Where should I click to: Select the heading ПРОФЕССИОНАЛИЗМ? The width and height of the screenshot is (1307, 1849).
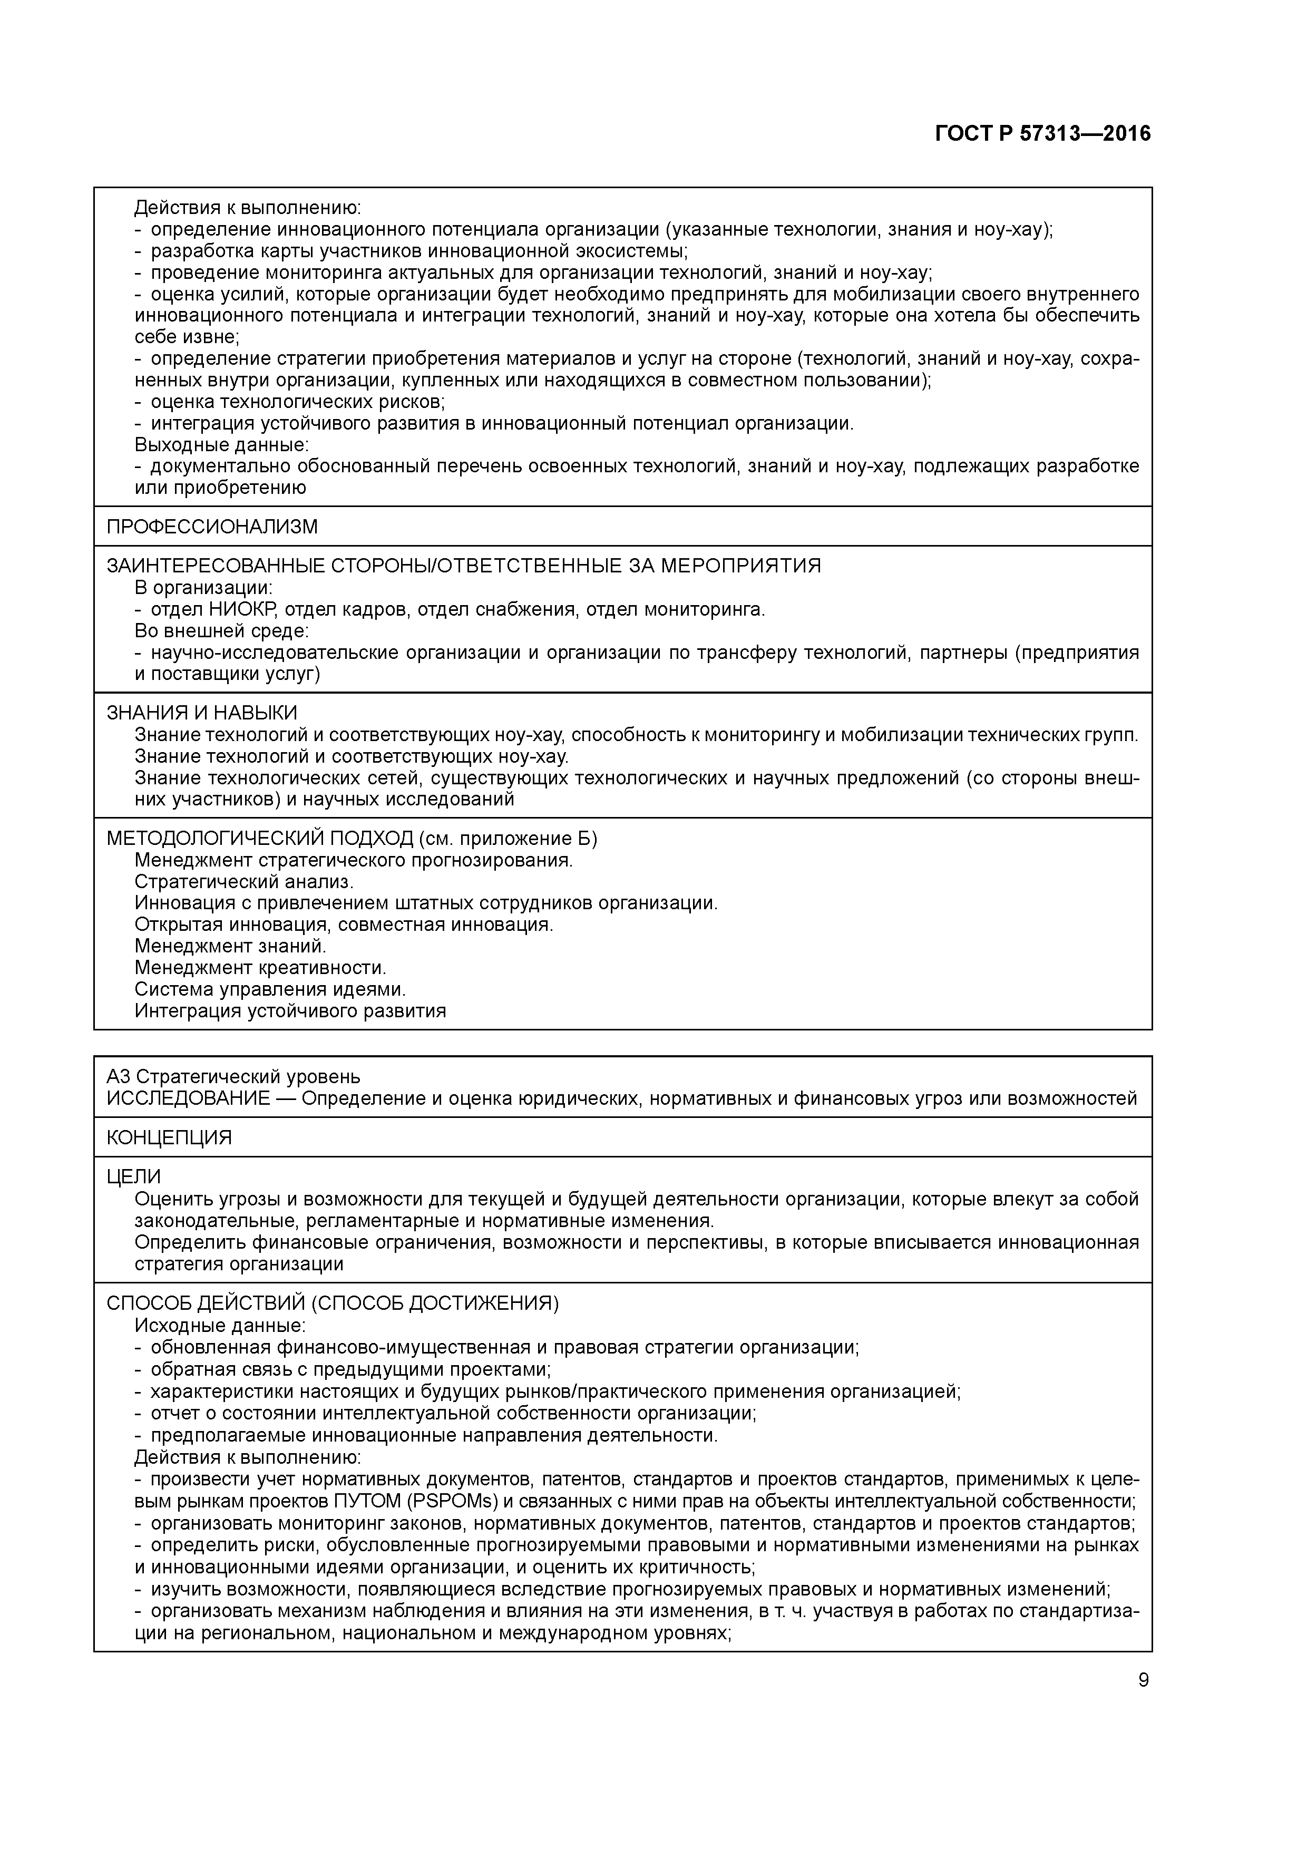click(x=212, y=527)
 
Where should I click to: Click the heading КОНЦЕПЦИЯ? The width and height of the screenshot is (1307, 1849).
click(x=169, y=1137)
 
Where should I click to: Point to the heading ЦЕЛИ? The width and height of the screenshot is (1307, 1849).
click(x=134, y=1176)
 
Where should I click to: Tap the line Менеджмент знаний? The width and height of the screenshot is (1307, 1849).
click(x=230, y=946)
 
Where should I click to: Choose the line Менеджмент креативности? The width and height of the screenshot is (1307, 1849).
click(x=260, y=967)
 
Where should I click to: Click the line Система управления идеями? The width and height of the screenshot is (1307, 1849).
click(x=270, y=989)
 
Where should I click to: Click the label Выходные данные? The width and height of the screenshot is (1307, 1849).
click(x=221, y=444)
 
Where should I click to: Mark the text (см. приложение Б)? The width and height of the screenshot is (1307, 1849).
click(x=508, y=839)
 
